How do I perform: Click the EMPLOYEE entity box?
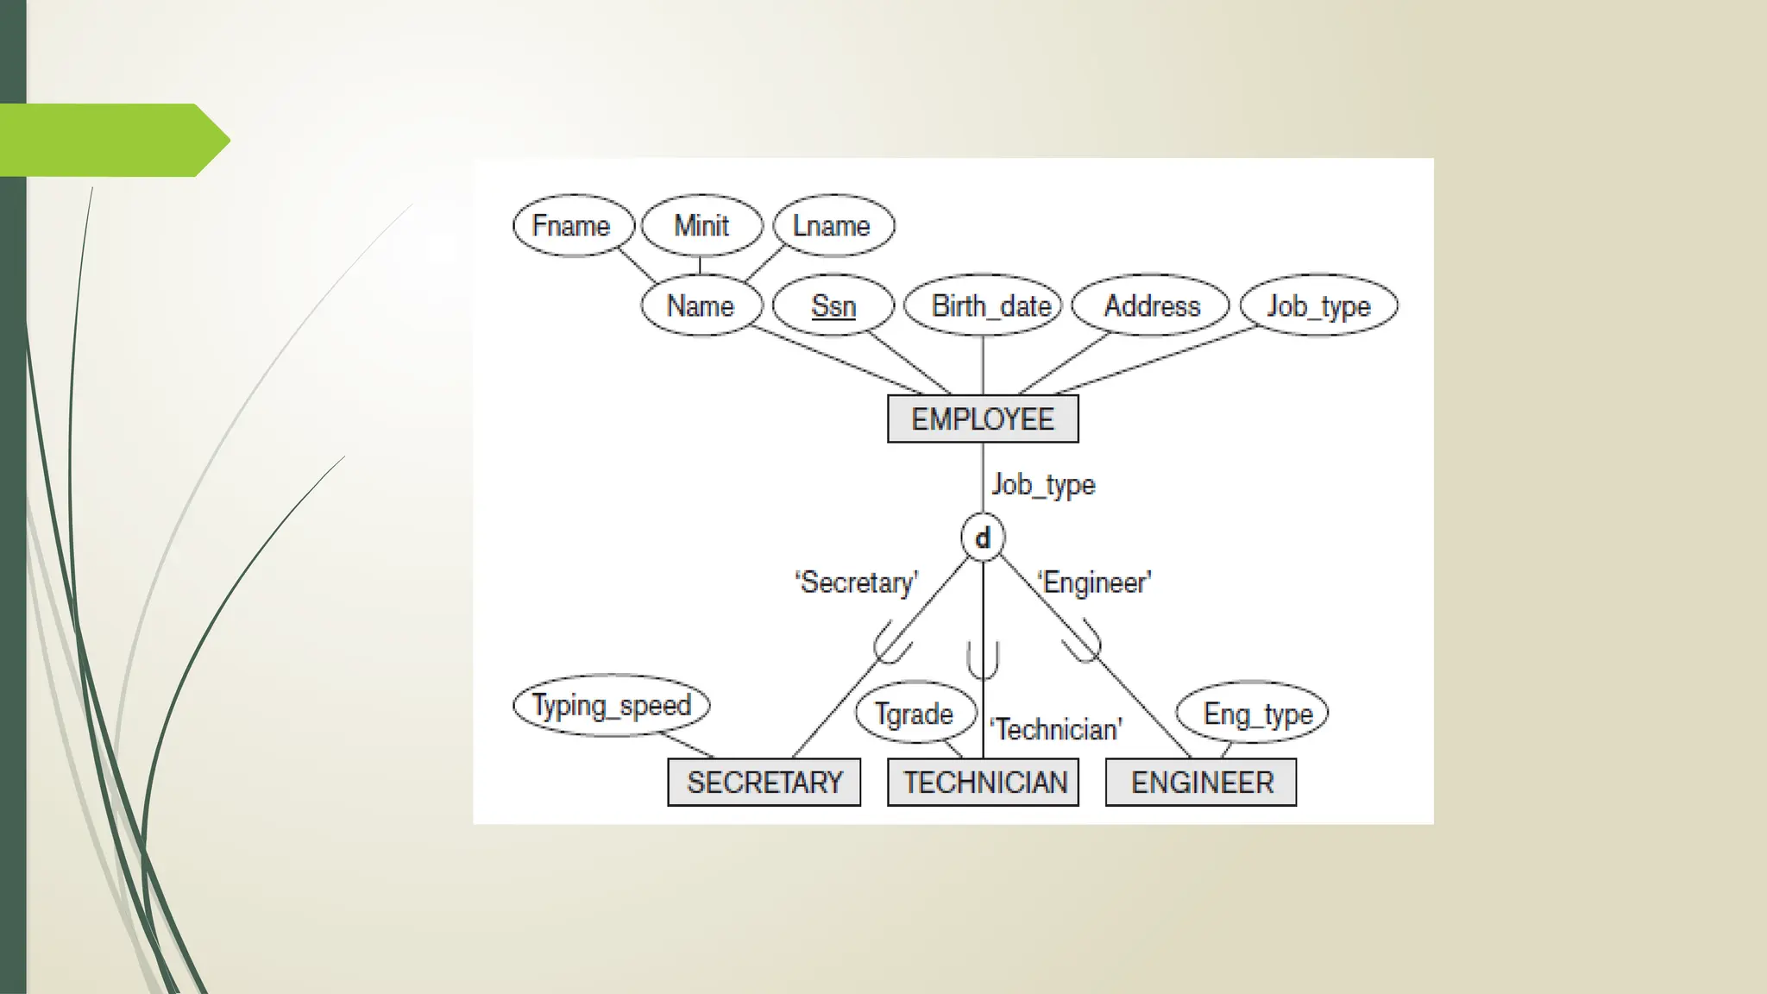coord(983,419)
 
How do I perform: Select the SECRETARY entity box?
coord(764,783)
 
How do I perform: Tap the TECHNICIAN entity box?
coord(984,783)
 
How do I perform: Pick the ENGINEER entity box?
coord(1201,783)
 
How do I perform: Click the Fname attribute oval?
coord(573,226)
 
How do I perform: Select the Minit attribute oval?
coord(701,226)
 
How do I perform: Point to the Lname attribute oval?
coord(833,226)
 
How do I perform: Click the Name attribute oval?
coord(701,306)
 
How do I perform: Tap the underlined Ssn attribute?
coord(833,306)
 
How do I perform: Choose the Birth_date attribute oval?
coord(984,306)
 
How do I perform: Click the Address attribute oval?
coord(1150,306)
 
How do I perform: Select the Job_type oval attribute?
coord(1318,306)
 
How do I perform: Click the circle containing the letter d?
coord(983,538)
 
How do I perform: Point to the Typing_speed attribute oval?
coord(611,706)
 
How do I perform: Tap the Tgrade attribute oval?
coord(914,714)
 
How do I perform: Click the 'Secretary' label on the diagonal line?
coord(857,582)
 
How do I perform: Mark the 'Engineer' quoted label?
coord(1095,582)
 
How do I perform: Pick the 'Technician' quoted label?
coord(1057,730)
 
